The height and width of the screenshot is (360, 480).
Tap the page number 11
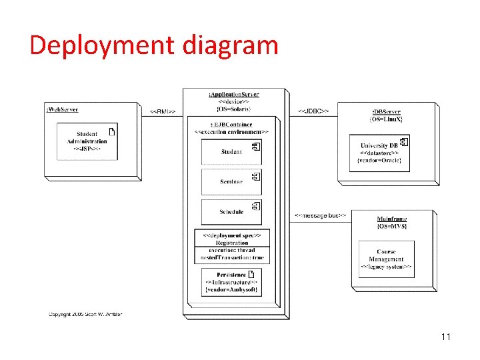pyautogui.click(x=446, y=337)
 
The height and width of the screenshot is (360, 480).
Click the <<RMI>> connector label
pyautogui.click(x=163, y=111)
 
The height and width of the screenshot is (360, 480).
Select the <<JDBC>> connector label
pyautogui.click(x=313, y=110)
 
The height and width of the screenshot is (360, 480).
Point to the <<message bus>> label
pyautogui.click(x=319, y=215)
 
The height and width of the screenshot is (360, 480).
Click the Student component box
pyautogui.click(x=231, y=152)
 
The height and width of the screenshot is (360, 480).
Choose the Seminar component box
pyautogui.click(x=231, y=182)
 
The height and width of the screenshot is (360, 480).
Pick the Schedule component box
pyautogui.click(x=231, y=212)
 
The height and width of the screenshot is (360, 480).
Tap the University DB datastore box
pyautogui.click(x=379, y=153)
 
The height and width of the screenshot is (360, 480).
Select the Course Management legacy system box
pyautogui.click(x=386, y=259)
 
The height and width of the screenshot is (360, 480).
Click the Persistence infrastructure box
pyautogui.click(x=231, y=282)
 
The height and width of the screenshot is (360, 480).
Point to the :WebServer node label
pyautogui.click(x=62, y=109)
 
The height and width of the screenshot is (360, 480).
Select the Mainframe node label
pyautogui.click(x=391, y=219)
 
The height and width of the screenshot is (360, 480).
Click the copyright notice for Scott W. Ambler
pyautogui.click(x=85, y=314)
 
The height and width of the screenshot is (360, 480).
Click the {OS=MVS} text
pyautogui.click(x=391, y=226)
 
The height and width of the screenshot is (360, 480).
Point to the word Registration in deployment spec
pyautogui.click(x=231, y=243)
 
